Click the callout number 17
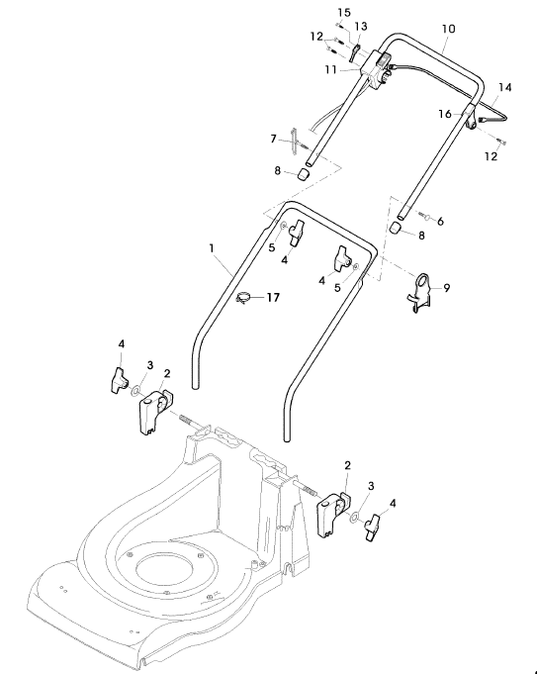(x=273, y=298)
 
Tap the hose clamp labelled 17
(x=244, y=298)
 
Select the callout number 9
(x=447, y=288)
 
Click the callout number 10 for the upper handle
(x=449, y=29)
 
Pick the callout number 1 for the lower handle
(x=212, y=248)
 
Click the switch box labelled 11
(x=375, y=70)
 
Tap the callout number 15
(x=344, y=13)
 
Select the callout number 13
(x=361, y=27)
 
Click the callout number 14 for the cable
(x=505, y=88)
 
